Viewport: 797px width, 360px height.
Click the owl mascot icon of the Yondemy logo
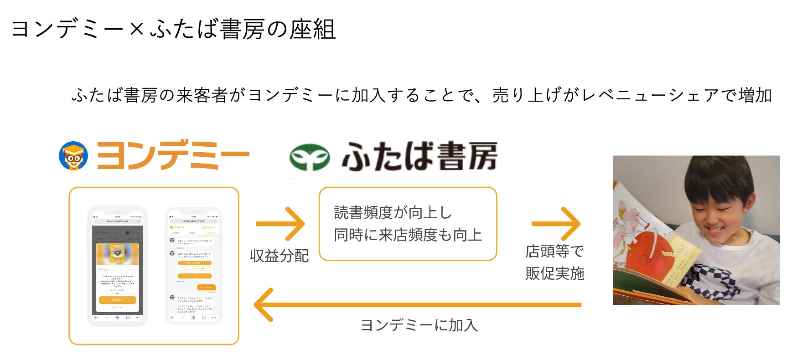(73, 155)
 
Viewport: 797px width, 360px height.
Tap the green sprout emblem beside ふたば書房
(310, 157)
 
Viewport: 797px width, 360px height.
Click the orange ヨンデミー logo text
(173, 155)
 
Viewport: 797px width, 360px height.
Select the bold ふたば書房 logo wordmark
(419, 156)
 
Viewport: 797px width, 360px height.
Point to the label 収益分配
(279, 256)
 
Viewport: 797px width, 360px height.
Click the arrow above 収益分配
(280, 224)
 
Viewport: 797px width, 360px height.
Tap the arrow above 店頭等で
(556, 224)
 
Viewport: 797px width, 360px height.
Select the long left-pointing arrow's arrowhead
(264, 305)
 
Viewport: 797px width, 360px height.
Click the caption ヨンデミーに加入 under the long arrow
(419, 325)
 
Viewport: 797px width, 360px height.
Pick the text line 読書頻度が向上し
(393, 212)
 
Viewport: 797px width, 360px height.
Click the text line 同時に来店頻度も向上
(408, 235)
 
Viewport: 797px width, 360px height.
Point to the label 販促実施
(554, 273)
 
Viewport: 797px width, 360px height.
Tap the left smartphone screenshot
(117, 266)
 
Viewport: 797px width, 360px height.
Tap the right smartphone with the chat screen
(193, 266)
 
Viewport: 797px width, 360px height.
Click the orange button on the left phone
(117, 300)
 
